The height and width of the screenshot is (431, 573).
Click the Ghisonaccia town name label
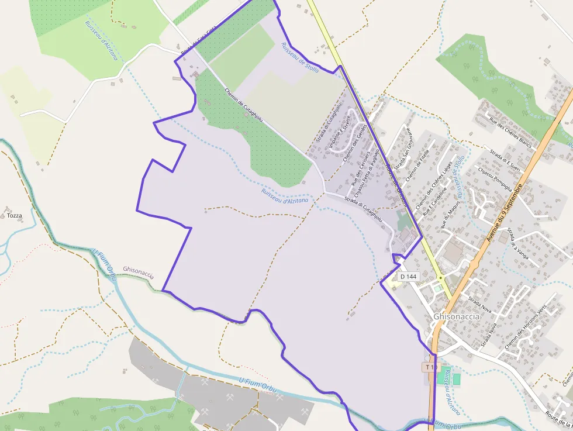click(457, 316)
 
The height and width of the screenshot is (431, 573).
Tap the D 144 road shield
click(408, 276)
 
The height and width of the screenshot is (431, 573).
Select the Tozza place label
click(15, 216)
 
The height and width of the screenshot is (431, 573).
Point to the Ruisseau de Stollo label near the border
click(300, 57)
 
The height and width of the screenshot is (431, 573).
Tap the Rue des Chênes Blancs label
click(509, 133)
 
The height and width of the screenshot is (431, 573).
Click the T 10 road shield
click(430, 367)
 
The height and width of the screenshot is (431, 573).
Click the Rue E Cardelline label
click(439, 201)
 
